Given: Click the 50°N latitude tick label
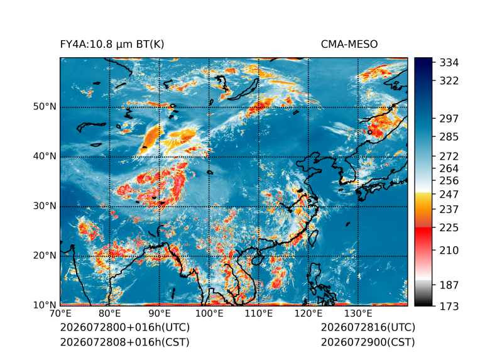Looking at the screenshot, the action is [x=45, y=107].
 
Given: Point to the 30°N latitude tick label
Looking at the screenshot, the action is [x=45, y=205].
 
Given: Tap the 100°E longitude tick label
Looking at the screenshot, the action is [x=209, y=314].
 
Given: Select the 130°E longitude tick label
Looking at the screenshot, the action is [x=358, y=314].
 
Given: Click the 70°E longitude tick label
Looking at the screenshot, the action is [x=60, y=314].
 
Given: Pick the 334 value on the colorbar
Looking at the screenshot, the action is [x=449, y=63].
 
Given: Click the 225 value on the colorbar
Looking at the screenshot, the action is [x=449, y=228].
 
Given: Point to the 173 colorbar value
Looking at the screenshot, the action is [x=449, y=306].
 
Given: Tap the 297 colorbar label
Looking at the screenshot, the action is [x=449, y=119].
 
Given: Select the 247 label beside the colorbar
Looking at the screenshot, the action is [x=449, y=194].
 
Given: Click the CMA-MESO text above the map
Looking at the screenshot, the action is [x=349, y=45].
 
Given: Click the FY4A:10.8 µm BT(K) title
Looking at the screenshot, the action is [x=112, y=45].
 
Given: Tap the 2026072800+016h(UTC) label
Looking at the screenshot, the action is [x=125, y=327].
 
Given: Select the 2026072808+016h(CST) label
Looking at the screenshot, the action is [x=124, y=342].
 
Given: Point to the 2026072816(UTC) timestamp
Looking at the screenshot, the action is [x=368, y=327].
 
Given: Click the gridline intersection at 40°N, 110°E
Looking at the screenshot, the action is [x=259, y=157].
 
